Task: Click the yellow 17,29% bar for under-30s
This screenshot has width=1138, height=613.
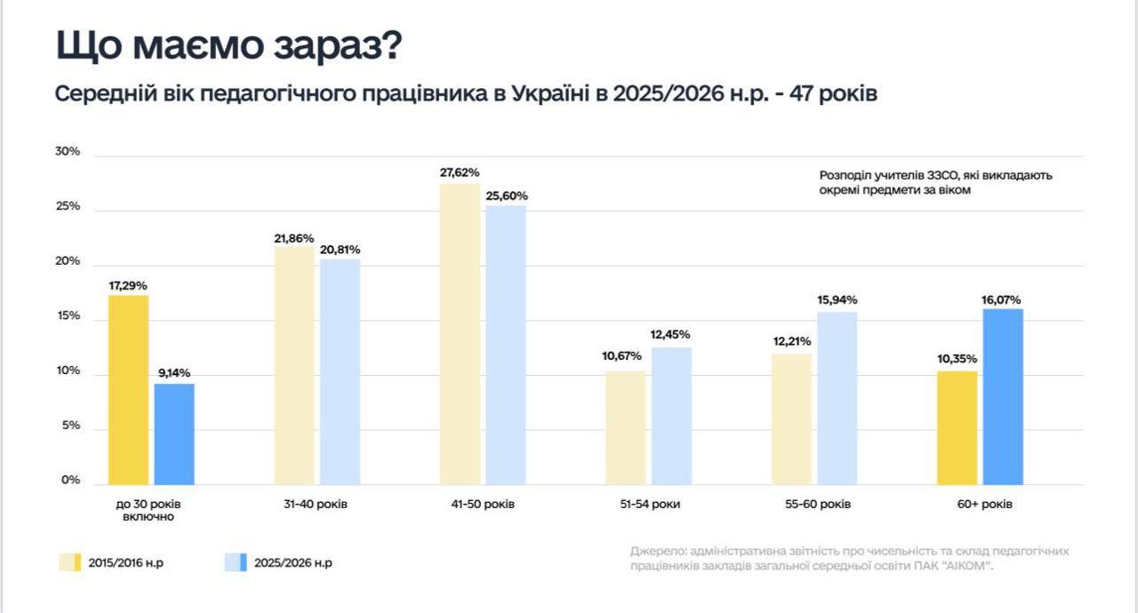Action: click(129, 390)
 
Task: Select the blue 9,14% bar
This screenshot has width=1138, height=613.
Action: click(174, 434)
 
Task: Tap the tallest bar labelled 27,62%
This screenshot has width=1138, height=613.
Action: click(460, 334)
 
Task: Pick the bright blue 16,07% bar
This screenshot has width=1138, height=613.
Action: click(1003, 396)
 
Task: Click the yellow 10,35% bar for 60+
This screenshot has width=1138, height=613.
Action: click(958, 428)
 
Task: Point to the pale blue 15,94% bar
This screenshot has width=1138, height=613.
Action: click(837, 398)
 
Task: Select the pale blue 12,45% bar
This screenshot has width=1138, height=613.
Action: click(671, 416)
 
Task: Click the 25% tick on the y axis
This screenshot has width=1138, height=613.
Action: click(68, 206)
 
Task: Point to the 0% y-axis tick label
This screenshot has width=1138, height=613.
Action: click(70, 480)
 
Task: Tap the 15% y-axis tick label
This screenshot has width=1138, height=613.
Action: click(68, 315)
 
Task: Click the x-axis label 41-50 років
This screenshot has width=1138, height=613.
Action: click(483, 505)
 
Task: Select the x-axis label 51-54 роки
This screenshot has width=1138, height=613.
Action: click(650, 505)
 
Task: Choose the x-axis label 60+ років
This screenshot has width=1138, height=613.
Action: click(984, 505)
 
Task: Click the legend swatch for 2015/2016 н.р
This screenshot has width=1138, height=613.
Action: click(69, 562)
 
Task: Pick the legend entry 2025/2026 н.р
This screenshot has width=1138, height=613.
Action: click(278, 562)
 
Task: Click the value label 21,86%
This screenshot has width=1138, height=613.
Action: click(294, 238)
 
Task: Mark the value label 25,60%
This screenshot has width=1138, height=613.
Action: click(507, 195)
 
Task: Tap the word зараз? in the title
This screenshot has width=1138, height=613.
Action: click(338, 45)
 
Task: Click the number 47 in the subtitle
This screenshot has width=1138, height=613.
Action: click(802, 94)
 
